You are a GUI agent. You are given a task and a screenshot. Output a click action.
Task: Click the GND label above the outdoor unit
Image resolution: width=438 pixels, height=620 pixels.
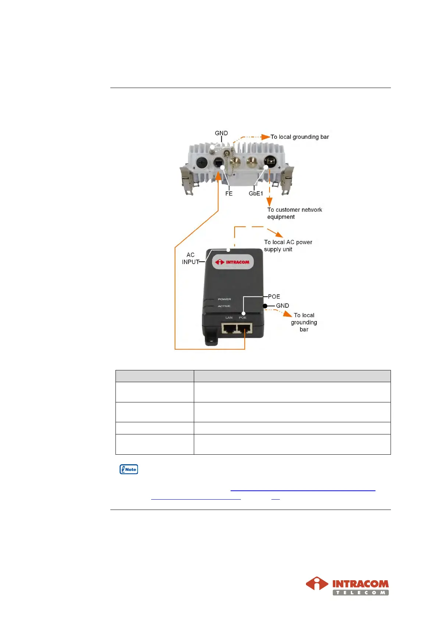point(221,133)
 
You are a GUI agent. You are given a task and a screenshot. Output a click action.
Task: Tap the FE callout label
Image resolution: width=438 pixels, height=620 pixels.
point(229,194)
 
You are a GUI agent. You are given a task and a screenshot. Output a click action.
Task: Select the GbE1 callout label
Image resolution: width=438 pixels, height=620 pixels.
point(256,194)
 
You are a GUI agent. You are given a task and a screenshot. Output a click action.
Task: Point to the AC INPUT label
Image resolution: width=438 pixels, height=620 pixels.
point(190,258)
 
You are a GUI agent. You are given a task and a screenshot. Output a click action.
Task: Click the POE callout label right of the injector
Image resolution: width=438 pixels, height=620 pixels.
point(274,297)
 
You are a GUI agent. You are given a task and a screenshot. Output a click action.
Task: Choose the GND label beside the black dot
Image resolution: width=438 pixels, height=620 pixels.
point(282,306)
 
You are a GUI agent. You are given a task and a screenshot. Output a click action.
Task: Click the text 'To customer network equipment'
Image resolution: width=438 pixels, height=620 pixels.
point(294,213)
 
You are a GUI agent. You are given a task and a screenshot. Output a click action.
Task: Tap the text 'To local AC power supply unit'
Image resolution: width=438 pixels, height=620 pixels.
point(288,246)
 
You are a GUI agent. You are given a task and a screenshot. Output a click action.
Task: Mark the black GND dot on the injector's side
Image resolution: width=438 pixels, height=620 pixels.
point(265,306)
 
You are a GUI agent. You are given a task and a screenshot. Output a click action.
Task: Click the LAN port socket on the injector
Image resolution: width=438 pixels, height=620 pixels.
point(229,328)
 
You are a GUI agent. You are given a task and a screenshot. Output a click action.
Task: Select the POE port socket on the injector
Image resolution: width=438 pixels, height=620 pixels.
point(244,328)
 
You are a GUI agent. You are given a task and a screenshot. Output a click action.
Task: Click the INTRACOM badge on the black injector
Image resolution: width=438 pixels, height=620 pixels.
point(233,262)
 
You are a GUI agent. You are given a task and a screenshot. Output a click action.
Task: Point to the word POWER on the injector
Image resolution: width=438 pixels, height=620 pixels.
point(224,299)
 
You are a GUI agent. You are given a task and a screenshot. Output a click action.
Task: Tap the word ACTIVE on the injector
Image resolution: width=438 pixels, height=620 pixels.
point(224,306)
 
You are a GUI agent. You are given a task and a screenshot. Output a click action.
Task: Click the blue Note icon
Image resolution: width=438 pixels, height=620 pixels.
point(129,469)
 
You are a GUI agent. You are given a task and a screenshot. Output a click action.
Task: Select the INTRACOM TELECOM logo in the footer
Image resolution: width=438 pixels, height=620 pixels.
point(347,586)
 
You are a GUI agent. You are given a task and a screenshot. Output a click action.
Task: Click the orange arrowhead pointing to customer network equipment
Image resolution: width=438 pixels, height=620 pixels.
point(270,202)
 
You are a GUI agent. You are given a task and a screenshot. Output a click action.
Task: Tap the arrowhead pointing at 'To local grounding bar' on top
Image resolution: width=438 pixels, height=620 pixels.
point(266,137)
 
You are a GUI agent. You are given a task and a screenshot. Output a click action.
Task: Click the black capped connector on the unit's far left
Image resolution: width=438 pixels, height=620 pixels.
point(202,162)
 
